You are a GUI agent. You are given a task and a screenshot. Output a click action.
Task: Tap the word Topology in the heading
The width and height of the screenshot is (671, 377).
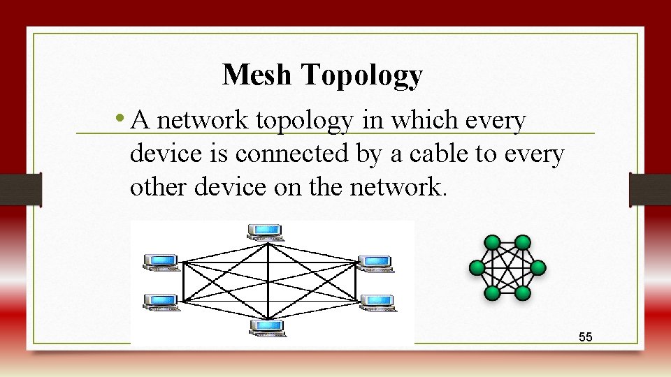(362, 75)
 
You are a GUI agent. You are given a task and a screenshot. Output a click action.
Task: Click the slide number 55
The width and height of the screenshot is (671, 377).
(586, 337)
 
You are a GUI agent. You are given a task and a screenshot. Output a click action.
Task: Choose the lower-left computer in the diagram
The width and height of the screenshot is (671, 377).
(161, 302)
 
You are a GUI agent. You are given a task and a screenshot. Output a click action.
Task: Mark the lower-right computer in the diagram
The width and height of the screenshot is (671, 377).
(377, 302)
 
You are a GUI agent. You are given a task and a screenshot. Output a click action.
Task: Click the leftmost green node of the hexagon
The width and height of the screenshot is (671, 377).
(477, 267)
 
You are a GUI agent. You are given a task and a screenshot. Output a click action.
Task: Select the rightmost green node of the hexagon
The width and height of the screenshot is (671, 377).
(538, 267)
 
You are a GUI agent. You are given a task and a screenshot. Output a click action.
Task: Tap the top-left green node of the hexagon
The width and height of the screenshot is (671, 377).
(493, 242)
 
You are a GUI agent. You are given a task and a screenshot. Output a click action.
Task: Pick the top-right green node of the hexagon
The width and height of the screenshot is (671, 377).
(523, 242)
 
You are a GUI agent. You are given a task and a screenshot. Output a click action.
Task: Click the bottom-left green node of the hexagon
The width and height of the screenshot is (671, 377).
(493, 293)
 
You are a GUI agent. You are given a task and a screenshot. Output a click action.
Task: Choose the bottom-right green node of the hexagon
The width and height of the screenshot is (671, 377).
(523, 293)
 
